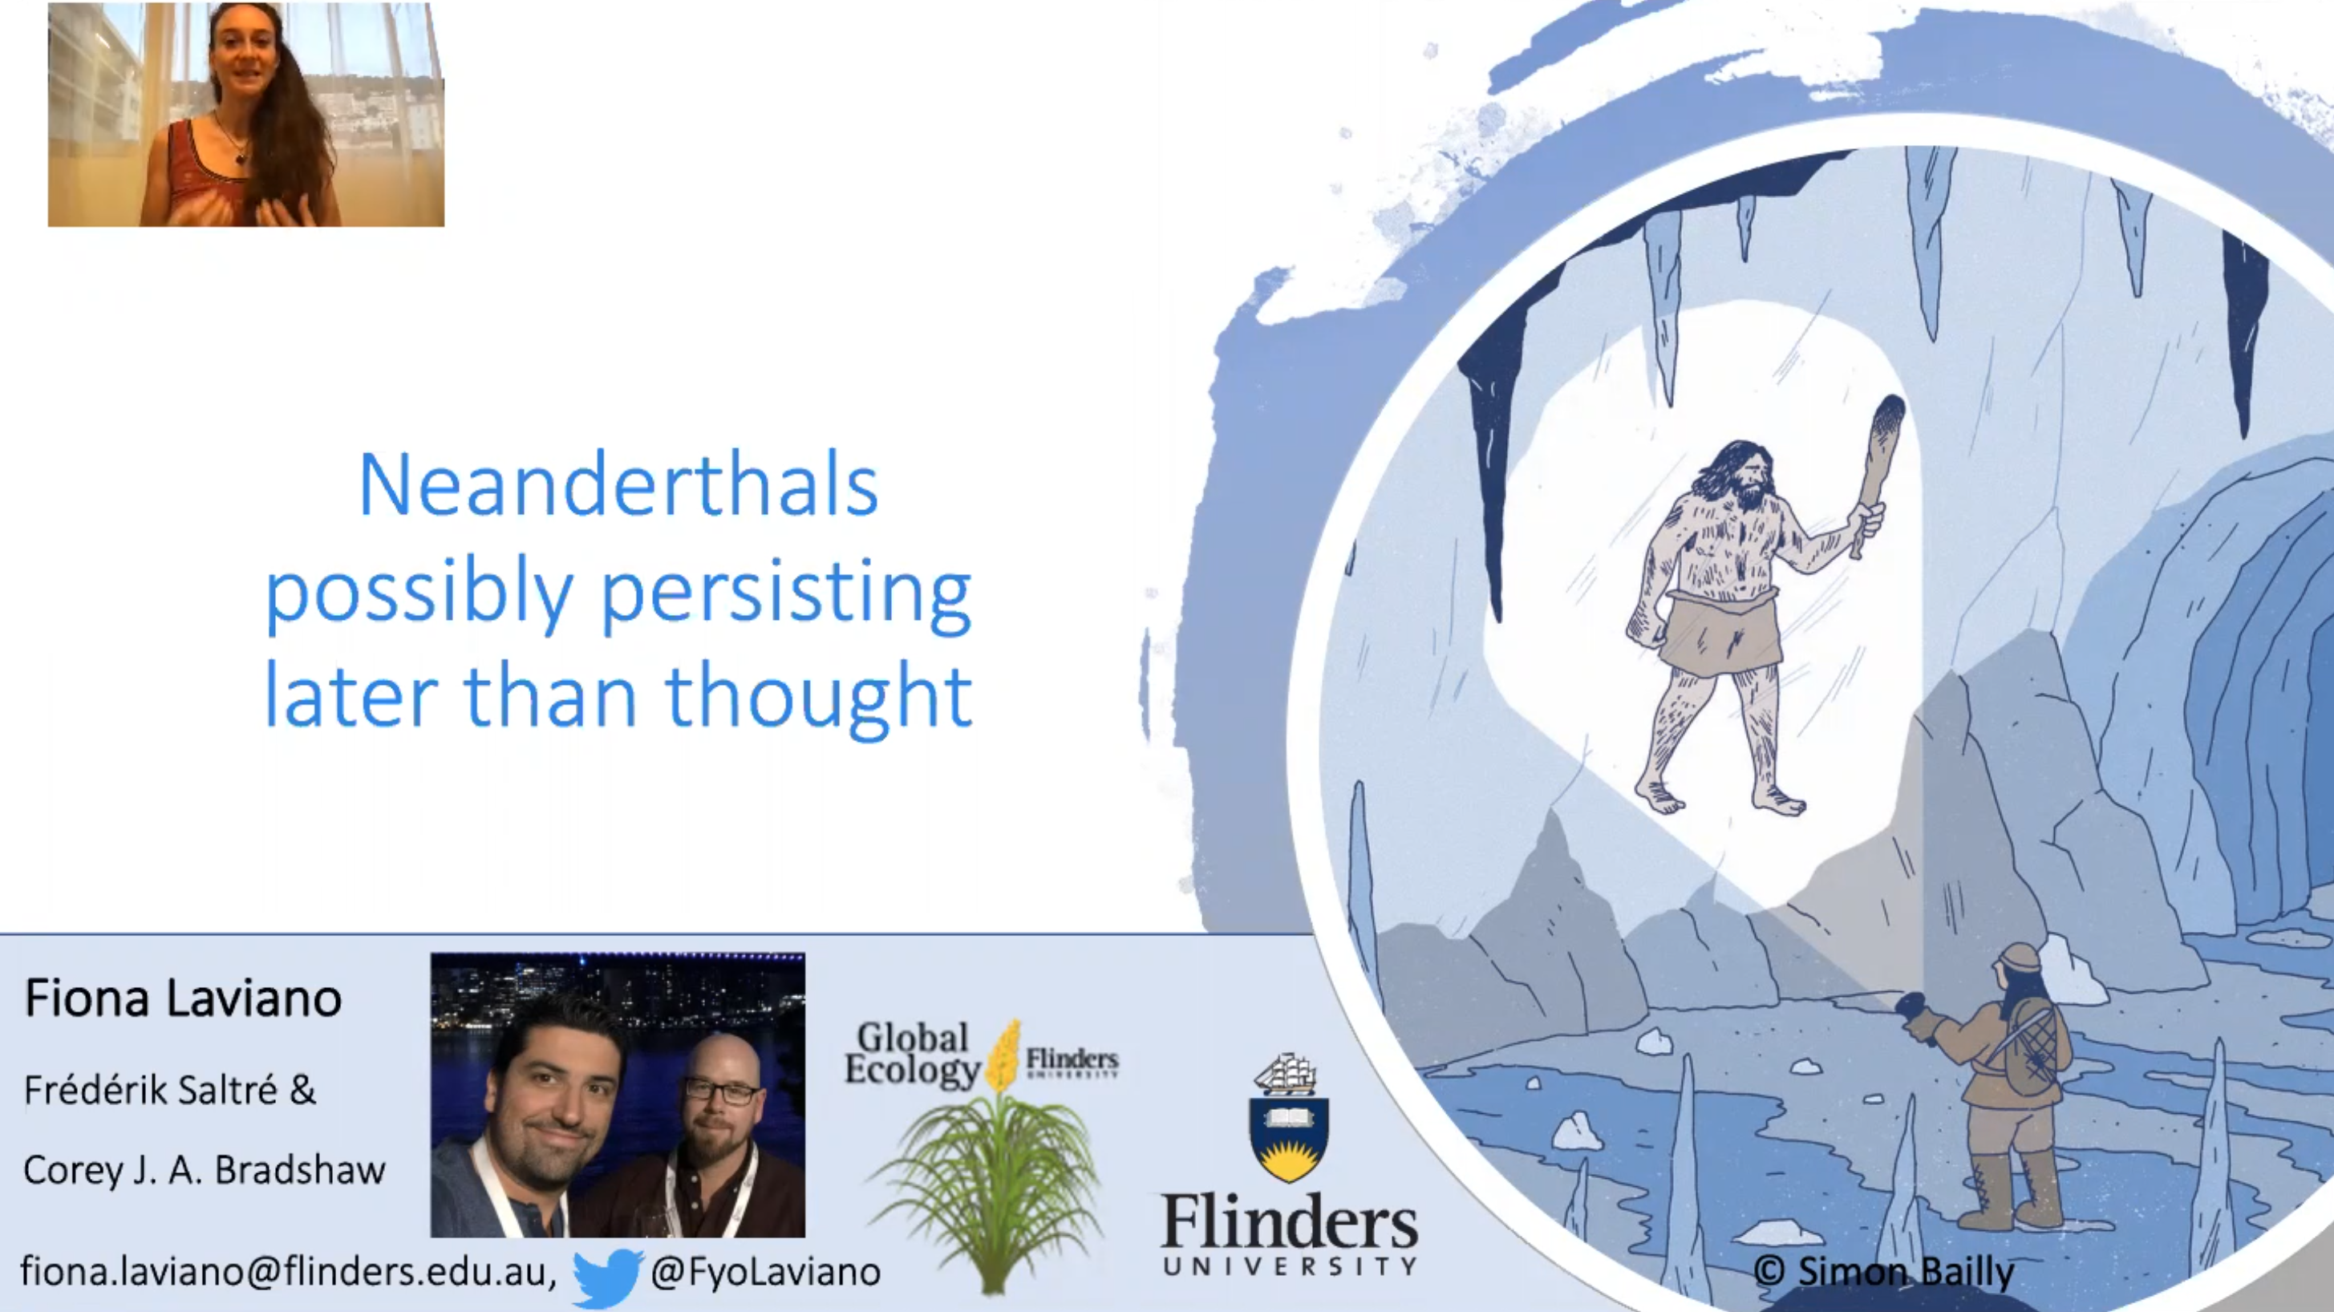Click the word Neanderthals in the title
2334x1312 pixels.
tap(619, 486)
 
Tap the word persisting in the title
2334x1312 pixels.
tap(787, 593)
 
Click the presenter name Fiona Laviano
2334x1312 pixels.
tap(183, 998)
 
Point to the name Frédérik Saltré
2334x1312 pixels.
tap(151, 1090)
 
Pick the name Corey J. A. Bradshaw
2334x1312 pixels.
tap(205, 1170)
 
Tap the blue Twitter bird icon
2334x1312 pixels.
tap(607, 1276)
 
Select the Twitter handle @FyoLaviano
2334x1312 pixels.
tap(766, 1272)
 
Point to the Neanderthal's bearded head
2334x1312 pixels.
tap(1741, 475)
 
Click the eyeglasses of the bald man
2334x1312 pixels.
tap(722, 1091)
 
